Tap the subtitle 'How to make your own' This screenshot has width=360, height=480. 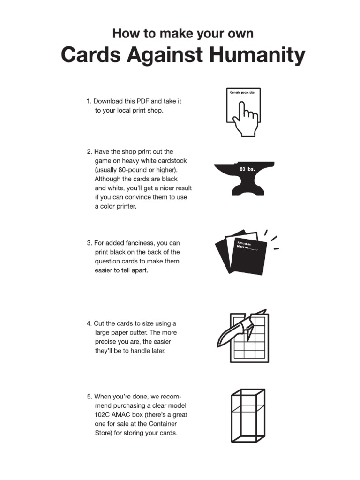(x=183, y=34)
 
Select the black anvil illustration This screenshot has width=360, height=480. (x=242, y=178)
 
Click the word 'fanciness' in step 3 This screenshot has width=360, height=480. (x=141, y=243)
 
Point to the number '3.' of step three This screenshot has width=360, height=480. (x=89, y=243)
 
